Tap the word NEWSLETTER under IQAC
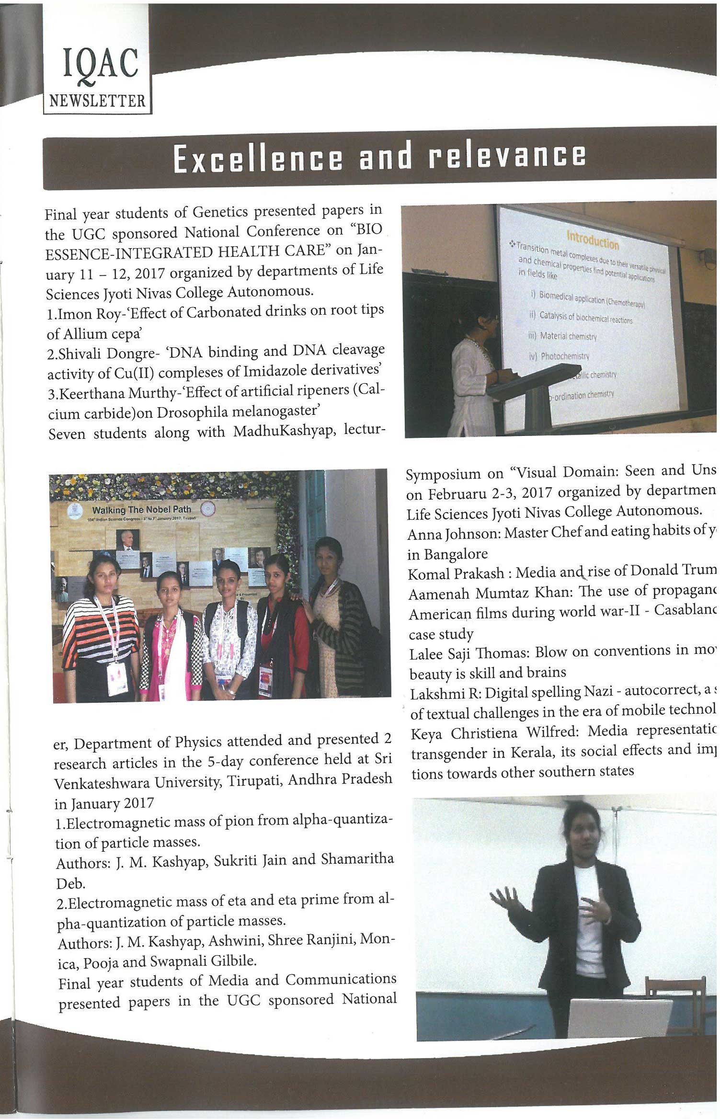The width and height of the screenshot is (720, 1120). click(97, 101)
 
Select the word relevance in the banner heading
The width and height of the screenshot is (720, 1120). click(507, 156)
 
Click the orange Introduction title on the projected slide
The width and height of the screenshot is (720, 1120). click(593, 240)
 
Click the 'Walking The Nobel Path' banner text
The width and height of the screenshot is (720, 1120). click(141, 510)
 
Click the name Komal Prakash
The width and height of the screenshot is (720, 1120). click(456, 573)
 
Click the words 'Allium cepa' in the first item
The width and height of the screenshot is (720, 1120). click(100, 333)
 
